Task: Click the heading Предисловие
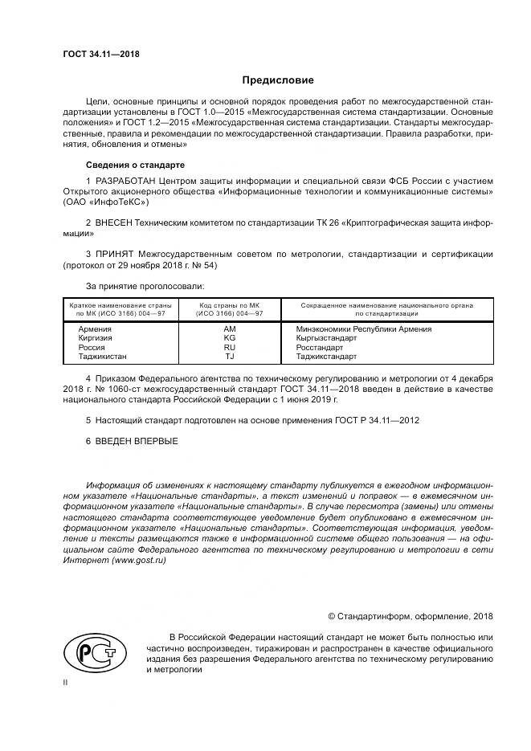pyautogui.click(x=278, y=80)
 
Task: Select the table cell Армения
pyautogui.click(x=94, y=329)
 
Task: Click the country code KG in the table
pyautogui.click(x=229, y=338)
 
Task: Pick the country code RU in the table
pyautogui.click(x=229, y=347)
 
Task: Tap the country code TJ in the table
pyautogui.click(x=229, y=356)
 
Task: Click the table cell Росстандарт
pyautogui.click(x=319, y=347)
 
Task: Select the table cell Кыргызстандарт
pyautogui.click(x=325, y=338)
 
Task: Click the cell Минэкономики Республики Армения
pyautogui.click(x=363, y=329)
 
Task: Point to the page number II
pyautogui.click(x=65, y=682)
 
